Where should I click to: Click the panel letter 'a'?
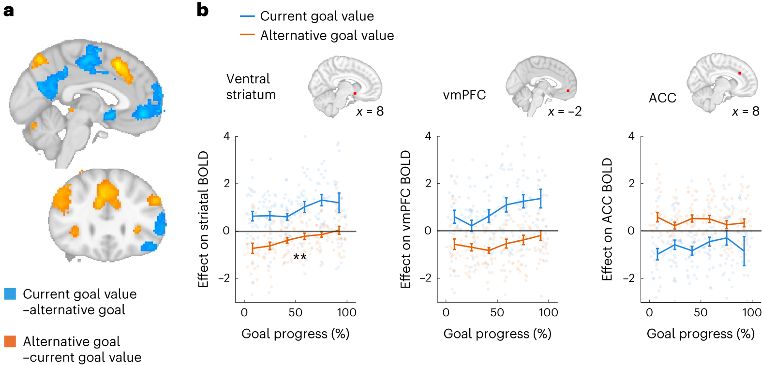[8, 11]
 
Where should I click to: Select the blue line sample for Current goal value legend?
[247, 16]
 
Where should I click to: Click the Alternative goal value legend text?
[327, 35]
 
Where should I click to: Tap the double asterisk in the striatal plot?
[300, 257]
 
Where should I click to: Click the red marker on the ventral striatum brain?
[355, 93]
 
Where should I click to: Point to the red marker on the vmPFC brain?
[568, 90]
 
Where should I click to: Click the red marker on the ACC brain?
[739, 73]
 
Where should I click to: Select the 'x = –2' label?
[565, 112]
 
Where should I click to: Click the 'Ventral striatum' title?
[251, 87]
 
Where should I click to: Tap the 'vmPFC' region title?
[464, 95]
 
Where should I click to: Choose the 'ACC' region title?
[662, 98]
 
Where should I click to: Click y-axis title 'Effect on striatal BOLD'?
[203, 219]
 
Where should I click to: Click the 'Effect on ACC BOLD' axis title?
[607, 219]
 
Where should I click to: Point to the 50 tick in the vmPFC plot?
[497, 312]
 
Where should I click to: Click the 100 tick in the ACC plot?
[751, 312]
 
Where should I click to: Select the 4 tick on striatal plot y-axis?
[226, 136]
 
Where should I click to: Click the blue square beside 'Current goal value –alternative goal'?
[10, 294]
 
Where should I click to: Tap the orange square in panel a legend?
[10, 341]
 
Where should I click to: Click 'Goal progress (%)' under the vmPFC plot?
[497, 334]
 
